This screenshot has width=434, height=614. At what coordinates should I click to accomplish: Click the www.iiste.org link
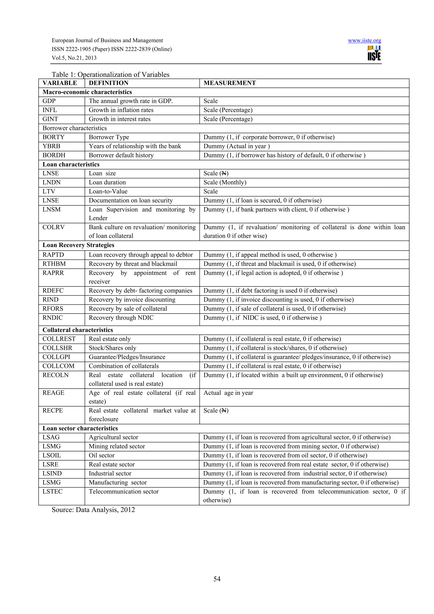(x=364, y=41)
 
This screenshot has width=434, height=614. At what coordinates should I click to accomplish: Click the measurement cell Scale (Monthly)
(x=225, y=182)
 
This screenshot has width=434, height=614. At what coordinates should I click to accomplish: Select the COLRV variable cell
(x=53, y=227)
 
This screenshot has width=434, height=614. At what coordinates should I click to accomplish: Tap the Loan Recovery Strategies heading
(x=78, y=245)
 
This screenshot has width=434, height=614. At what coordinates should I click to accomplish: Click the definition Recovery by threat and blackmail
(x=133, y=264)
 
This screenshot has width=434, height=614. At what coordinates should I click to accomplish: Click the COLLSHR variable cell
(x=57, y=348)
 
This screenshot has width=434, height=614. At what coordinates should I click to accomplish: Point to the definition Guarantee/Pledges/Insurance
(x=127, y=357)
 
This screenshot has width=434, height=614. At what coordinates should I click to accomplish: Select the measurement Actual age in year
(x=228, y=393)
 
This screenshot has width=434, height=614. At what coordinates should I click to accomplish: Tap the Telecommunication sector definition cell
(x=124, y=491)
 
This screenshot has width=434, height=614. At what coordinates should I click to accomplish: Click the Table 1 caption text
(x=110, y=75)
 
